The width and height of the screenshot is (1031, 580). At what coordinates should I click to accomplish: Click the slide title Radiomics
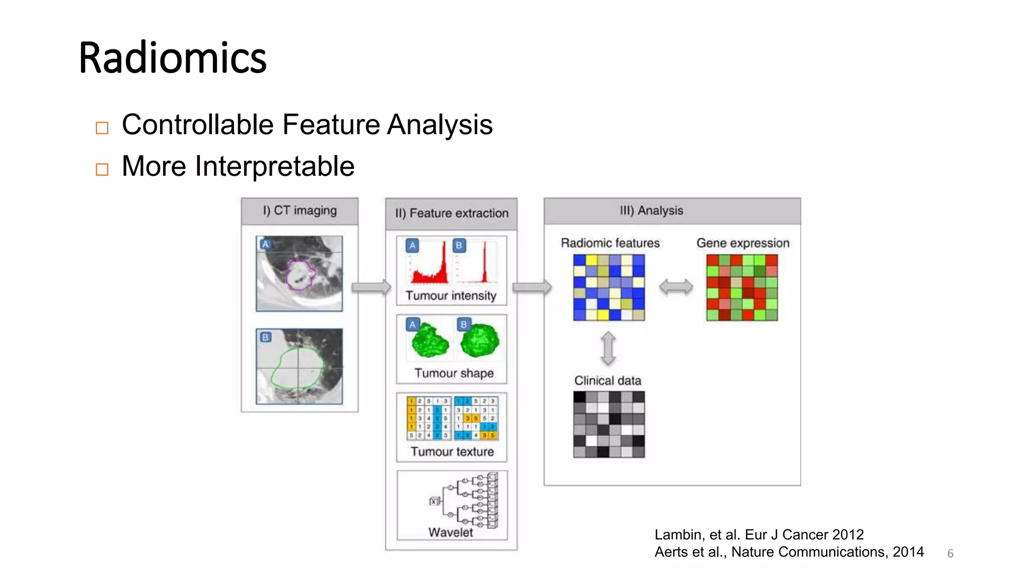173,58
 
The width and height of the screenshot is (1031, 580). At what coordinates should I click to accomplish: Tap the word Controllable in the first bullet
197,125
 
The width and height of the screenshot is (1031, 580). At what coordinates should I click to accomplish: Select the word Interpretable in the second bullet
275,167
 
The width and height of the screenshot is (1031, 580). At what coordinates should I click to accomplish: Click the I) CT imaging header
300,210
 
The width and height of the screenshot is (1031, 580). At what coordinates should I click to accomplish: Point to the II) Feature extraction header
452,213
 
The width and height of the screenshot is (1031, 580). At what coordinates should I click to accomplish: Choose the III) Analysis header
651,210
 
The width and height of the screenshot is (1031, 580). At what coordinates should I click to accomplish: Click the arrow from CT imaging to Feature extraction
371,287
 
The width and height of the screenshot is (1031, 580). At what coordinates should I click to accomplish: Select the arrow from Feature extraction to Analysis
532,287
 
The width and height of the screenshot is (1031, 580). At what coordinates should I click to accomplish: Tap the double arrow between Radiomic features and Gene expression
676,287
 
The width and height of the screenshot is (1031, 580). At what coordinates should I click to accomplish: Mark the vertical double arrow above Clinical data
608,348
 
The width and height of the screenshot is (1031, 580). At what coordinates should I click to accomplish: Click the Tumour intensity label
451,296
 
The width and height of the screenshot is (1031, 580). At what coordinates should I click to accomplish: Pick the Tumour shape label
454,373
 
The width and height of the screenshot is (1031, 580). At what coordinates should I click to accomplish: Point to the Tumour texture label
452,452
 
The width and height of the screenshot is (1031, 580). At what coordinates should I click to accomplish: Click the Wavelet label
451,532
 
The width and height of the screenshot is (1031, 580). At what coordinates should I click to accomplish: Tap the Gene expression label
743,243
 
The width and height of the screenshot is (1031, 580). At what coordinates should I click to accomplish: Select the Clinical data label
608,381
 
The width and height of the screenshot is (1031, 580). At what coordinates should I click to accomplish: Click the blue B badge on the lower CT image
265,337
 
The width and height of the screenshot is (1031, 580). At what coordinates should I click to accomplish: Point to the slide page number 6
950,554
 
